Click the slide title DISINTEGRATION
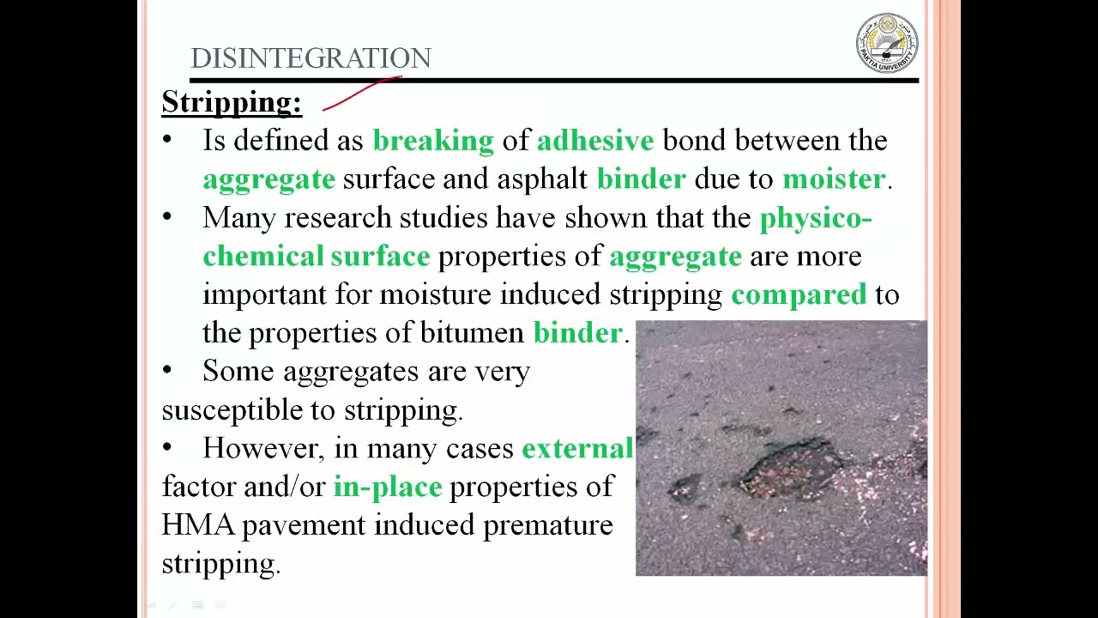tap(311, 58)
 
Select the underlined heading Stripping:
tap(232, 102)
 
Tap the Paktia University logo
tap(887, 43)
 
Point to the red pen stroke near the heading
tap(360, 93)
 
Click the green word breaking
tap(433, 141)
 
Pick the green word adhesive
tap(595, 141)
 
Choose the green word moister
tap(834, 179)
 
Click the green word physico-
tap(816, 219)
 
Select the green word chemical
tap(262, 257)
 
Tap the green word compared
tap(799, 295)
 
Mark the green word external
tap(577, 449)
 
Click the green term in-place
tap(388, 488)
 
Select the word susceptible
tap(232, 410)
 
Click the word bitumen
tap(473, 333)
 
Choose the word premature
tap(548, 525)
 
